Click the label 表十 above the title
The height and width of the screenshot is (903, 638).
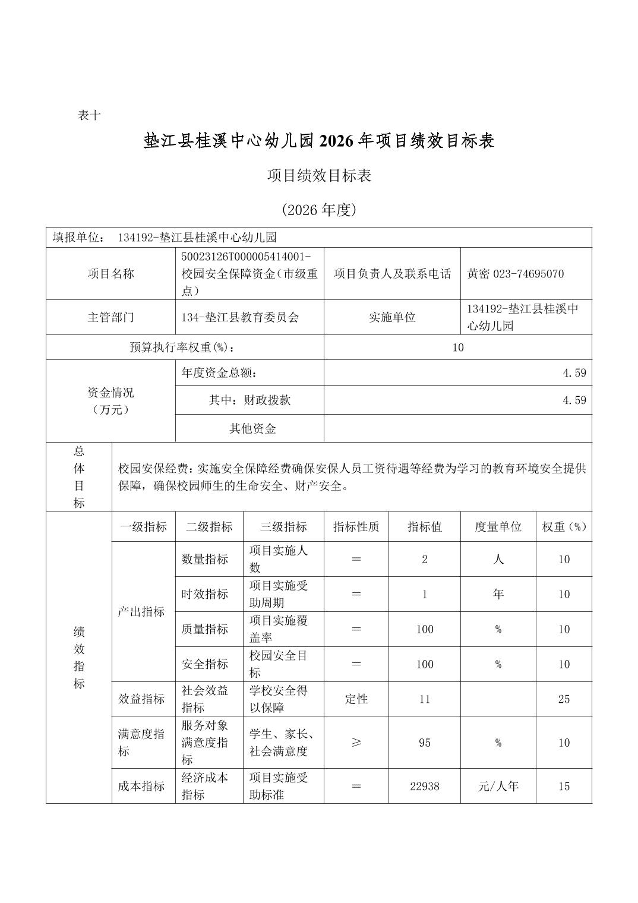click(x=89, y=116)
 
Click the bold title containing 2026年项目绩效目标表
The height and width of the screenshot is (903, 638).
click(x=319, y=141)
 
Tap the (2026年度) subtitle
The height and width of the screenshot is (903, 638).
click(x=319, y=210)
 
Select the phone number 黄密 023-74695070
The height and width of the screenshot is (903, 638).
click(x=515, y=274)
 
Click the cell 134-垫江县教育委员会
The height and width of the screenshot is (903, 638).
click(x=240, y=317)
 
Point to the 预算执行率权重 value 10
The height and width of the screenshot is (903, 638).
click(x=457, y=348)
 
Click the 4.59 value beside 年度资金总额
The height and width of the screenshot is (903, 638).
click(x=574, y=373)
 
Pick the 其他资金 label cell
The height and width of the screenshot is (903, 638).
click(x=252, y=428)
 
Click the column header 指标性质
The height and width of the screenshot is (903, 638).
click(x=356, y=527)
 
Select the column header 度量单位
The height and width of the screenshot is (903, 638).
click(x=498, y=527)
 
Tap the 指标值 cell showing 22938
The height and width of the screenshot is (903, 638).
click(x=424, y=786)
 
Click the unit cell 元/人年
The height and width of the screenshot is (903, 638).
click(x=498, y=786)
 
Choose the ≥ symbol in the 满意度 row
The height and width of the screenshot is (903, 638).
click(x=356, y=743)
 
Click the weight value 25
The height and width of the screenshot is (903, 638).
click(x=564, y=699)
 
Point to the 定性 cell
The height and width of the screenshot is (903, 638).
click(x=356, y=699)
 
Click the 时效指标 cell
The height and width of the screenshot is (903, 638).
click(x=205, y=594)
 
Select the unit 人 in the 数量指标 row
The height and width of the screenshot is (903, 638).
click(x=498, y=559)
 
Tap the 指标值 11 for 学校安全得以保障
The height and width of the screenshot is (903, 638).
click(x=424, y=699)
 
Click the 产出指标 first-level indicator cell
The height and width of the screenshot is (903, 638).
click(x=141, y=611)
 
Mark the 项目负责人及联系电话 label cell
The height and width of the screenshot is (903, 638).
click(x=392, y=274)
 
